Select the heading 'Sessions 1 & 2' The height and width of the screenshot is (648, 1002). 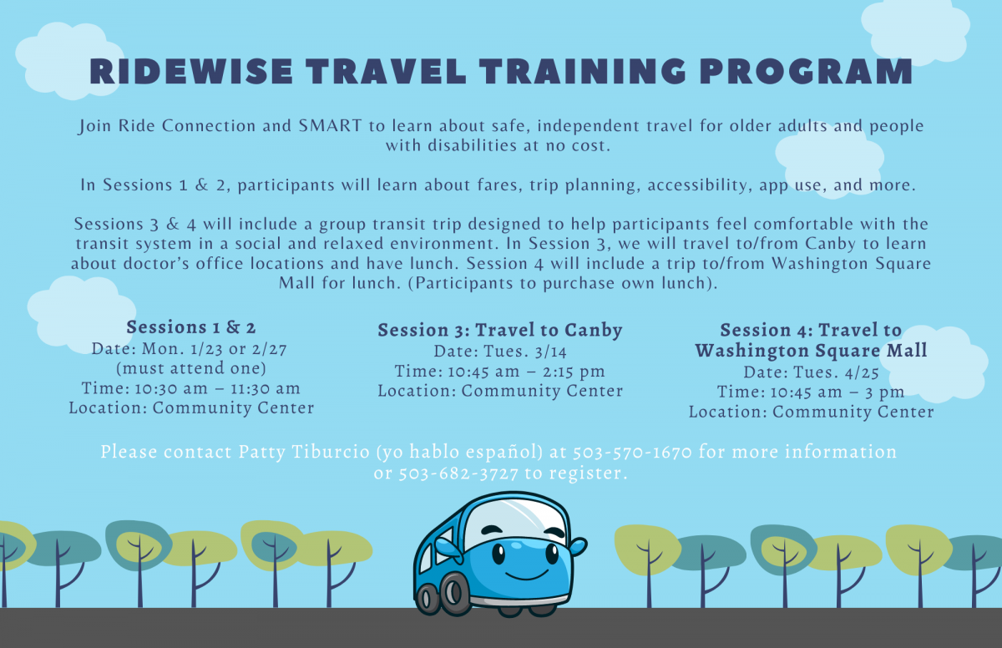(191, 327)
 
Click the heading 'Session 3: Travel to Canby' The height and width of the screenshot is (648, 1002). (500, 330)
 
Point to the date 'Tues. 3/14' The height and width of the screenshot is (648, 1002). (524, 352)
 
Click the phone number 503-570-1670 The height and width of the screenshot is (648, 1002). (632, 453)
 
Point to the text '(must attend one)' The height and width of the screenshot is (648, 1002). (191, 368)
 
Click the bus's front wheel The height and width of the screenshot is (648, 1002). (456, 594)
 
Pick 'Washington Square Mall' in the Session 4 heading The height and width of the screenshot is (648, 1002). (811, 351)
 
